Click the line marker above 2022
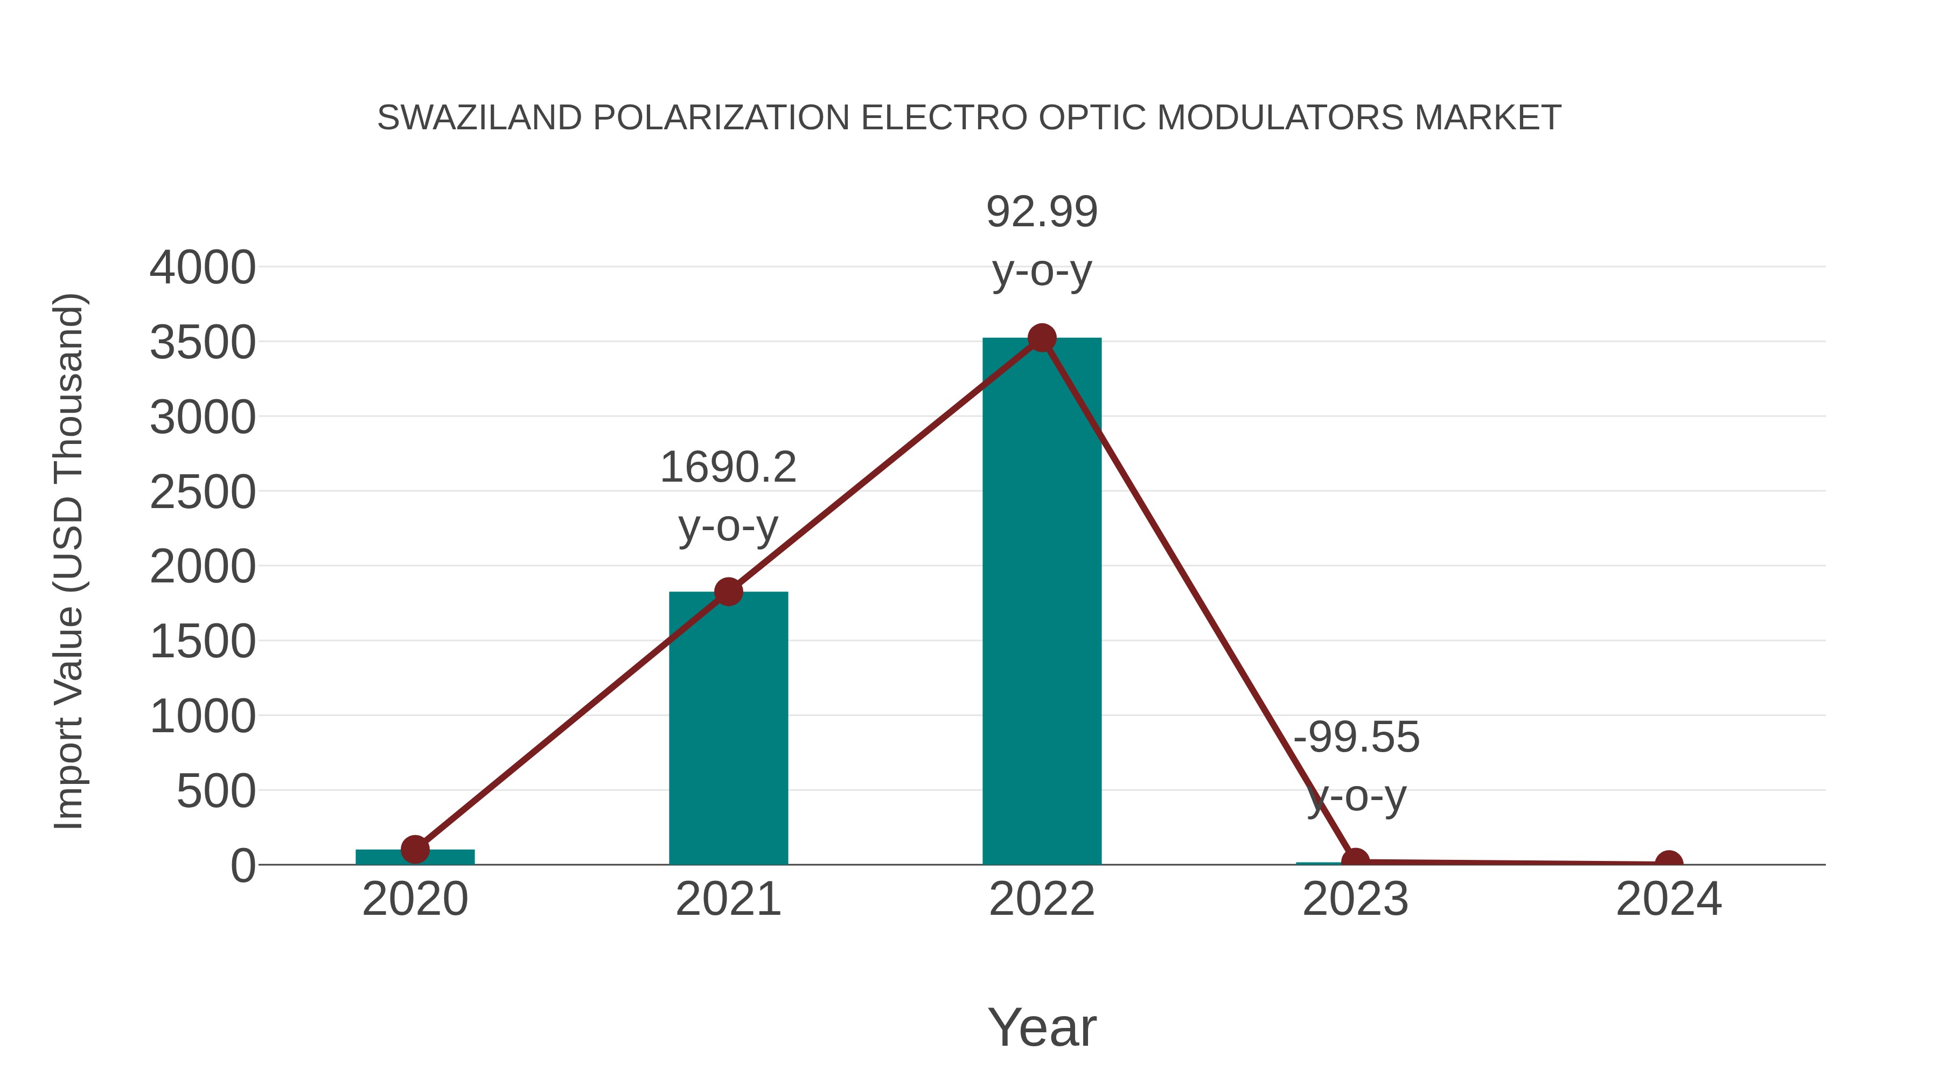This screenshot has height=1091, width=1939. pyautogui.click(x=1041, y=338)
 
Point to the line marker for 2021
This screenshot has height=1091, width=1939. pyautogui.click(x=728, y=592)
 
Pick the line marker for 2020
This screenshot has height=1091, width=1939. pyautogui.click(x=415, y=849)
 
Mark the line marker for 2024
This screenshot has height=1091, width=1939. pyautogui.click(x=1669, y=863)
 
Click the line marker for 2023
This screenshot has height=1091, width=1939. pyautogui.click(x=1355, y=860)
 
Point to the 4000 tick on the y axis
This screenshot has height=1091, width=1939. pyautogui.click(x=203, y=268)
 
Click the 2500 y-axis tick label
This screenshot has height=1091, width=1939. pyautogui.click(x=203, y=493)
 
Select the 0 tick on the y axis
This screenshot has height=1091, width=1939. pyautogui.click(x=243, y=866)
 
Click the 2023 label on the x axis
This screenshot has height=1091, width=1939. pyautogui.click(x=1355, y=900)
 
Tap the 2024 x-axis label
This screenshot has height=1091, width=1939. pyautogui.click(x=1669, y=900)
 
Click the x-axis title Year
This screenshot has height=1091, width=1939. pyautogui.click(x=1042, y=1028)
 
